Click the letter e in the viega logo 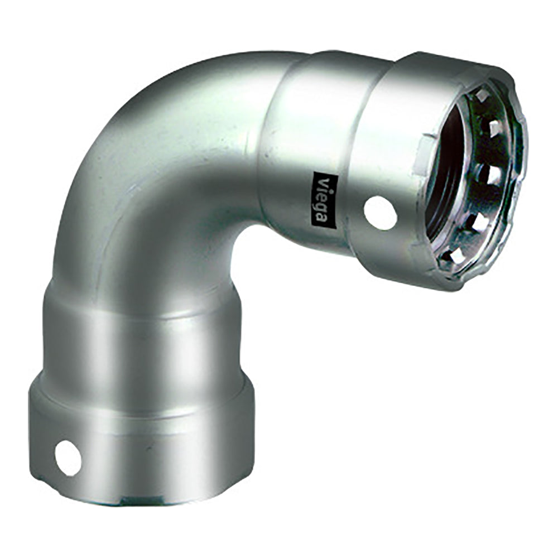point(323,196)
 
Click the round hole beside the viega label point(380,212)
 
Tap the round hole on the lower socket point(68,457)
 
